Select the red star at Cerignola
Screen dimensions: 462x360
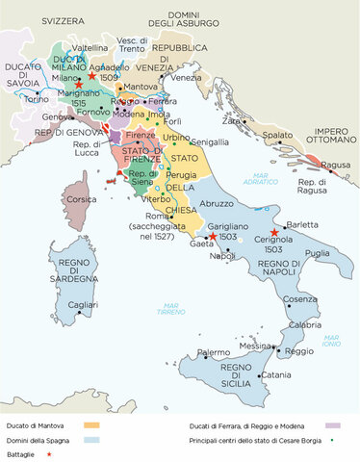coord(274,233)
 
